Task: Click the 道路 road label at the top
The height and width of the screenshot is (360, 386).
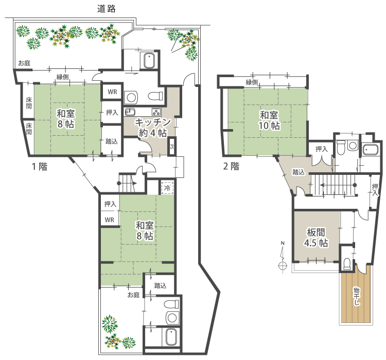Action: click(x=107, y=9)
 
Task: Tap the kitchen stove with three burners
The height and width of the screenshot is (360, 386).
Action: click(x=156, y=112)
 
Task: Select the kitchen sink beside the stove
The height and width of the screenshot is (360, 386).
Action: click(x=130, y=112)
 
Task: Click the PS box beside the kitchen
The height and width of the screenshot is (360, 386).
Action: click(x=172, y=147)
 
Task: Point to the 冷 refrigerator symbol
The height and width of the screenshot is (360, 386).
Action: click(x=167, y=188)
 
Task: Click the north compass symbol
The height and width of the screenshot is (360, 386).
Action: click(x=283, y=258)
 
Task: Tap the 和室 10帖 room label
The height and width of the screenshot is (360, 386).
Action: click(x=269, y=120)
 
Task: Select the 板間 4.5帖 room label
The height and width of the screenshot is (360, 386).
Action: click(x=316, y=238)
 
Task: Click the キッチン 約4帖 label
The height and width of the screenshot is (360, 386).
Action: click(x=153, y=128)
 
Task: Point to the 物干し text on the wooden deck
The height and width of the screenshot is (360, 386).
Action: click(x=356, y=296)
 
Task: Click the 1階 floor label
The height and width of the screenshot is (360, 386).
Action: click(x=40, y=167)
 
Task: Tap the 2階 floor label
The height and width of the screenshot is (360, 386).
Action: click(x=231, y=166)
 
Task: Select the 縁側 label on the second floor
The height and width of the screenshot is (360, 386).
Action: click(x=252, y=82)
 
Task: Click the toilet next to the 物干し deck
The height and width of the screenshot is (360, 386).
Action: click(x=346, y=263)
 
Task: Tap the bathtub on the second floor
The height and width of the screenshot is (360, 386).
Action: click(x=370, y=150)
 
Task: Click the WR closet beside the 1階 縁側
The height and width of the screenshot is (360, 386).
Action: click(x=112, y=92)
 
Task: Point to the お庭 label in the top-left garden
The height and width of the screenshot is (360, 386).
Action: click(x=24, y=63)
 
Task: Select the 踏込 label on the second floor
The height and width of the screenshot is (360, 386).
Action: click(x=299, y=172)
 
